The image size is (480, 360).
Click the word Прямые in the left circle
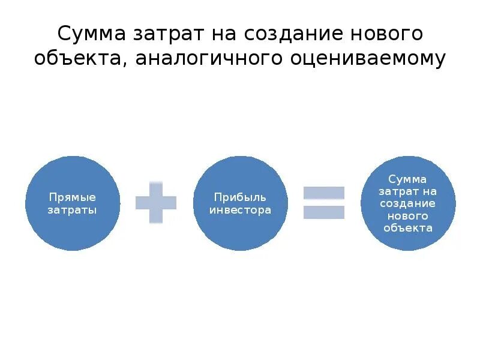click(x=73, y=197)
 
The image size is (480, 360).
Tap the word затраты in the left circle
click(x=73, y=210)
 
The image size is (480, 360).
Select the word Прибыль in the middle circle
click(x=240, y=197)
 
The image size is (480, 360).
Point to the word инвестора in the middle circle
click(x=240, y=210)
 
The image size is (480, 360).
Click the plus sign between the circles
click(x=156, y=203)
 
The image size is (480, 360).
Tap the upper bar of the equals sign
click(x=324, y=193)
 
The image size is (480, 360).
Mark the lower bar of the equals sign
click(x=324, y=212)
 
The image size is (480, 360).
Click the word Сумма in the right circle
click(x=407, y=179)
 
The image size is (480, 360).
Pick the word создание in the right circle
click(x=407, y=203)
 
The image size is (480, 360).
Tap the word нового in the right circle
click(x=407, y=215)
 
